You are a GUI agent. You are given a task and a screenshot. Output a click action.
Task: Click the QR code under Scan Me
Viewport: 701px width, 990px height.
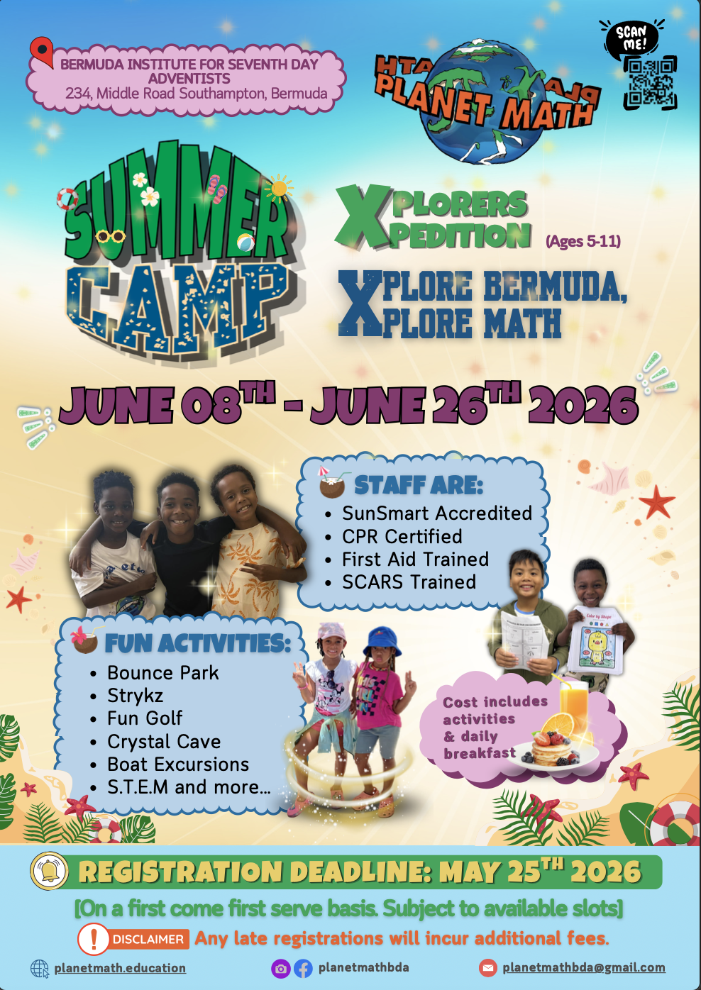tap(650, 83)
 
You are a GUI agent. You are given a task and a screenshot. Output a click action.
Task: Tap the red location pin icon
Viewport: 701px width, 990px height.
tap(42, 52)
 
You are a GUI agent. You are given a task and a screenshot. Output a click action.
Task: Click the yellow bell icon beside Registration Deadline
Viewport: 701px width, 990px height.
tap(49, 870)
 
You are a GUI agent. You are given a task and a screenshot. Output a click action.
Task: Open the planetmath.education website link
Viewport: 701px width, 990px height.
tap(120, 968)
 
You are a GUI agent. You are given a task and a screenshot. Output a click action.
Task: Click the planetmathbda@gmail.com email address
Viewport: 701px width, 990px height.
tap(584, 967)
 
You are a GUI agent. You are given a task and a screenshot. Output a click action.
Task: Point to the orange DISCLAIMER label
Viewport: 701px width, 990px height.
tap(148, 939)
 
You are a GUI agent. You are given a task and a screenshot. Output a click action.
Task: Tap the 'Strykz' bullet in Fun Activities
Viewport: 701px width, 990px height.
tap(136, 696)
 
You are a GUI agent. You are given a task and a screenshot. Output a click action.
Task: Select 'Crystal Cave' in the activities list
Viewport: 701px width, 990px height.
tap(164, 741)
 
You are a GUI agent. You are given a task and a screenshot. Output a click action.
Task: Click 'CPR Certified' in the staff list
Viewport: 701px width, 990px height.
tap(402, 537)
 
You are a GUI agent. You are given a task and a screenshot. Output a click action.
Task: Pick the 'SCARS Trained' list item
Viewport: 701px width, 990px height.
tap(409, 582)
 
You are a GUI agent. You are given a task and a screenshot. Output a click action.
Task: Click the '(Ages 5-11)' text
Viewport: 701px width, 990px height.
tap(583, 241)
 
